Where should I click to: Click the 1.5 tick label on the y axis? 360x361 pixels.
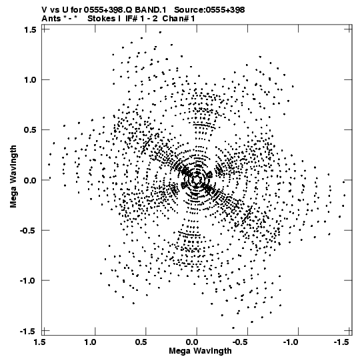click(x=30, y=29)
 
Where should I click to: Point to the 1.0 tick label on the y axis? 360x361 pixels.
click(x=30, y=79)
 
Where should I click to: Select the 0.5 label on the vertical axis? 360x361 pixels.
click(x=30, y=130)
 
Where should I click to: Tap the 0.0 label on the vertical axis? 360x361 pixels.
click(x=30, y=180)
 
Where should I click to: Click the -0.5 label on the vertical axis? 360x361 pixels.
click(x=28, y=230)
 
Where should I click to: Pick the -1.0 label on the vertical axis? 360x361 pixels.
click(x=28, y=280)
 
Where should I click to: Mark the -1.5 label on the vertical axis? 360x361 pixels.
click(x=28, y=331)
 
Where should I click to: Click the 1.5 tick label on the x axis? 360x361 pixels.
click(x=39, y=342)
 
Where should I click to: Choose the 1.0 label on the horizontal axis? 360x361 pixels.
click(x=90, y=342)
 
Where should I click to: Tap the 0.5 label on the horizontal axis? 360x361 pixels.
click(x=141, y=342)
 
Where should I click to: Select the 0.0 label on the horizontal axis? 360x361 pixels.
click(x=192, y=342)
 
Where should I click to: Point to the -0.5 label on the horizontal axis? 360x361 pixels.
click(x=241, y=342)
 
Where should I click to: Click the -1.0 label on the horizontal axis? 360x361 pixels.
click(x=291, y=342)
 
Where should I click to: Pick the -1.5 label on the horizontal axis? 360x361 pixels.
click(x=342, y=342)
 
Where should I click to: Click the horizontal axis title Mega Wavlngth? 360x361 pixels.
click(x=200, y=351)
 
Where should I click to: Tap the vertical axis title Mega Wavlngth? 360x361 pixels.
click(x=13, y=177)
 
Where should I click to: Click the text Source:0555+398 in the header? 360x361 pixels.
click(x=209, y=10)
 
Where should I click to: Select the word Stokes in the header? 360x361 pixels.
click(x=101, y=19)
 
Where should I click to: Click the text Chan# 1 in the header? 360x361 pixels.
click(x=179, y=19)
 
